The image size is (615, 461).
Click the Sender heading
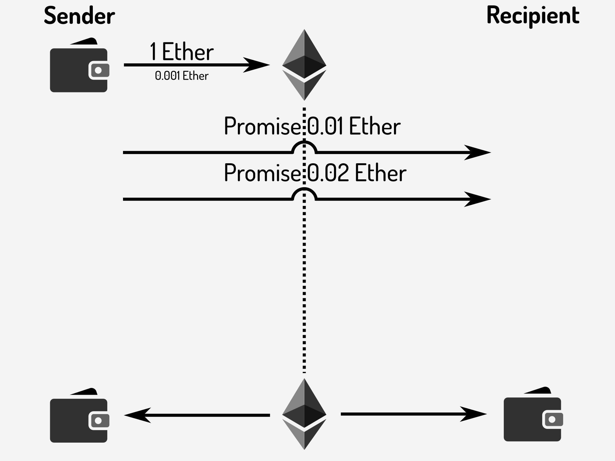coord(79,16)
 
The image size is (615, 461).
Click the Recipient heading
coord(533,16)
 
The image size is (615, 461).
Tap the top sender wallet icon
coord(79,67)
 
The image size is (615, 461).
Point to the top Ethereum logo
coord(304,65)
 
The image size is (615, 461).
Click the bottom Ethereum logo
coord(304,414)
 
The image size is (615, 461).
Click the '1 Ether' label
coord(181,52)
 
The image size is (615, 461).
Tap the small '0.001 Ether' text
coord(181,76)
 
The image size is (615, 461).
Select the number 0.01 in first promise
coord(325,126)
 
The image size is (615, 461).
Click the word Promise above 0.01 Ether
coord(262,126)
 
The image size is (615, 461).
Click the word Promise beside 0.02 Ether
coord(262,173)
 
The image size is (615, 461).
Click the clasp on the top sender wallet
coord(98,70)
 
